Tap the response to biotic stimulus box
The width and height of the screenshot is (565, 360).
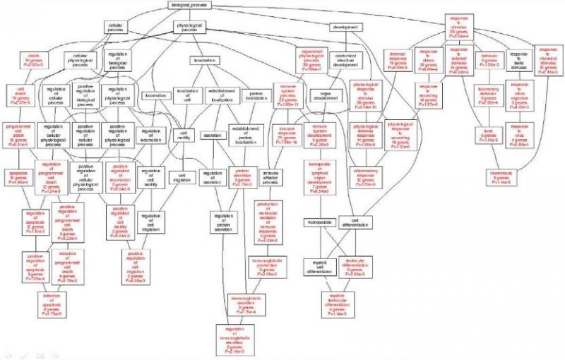pos(518,57)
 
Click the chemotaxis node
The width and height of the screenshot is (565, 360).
pos(504,176)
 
